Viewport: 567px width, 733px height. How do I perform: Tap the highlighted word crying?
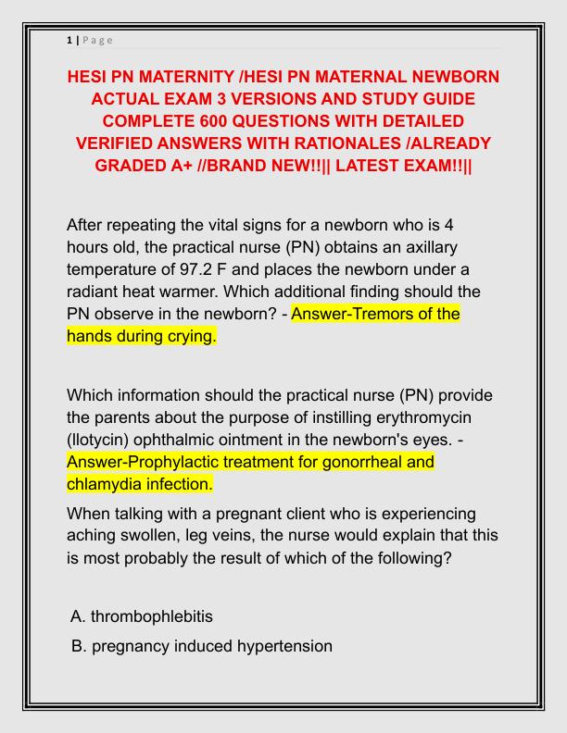coord(189,336)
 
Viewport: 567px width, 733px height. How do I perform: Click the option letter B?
coord(78,646)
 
